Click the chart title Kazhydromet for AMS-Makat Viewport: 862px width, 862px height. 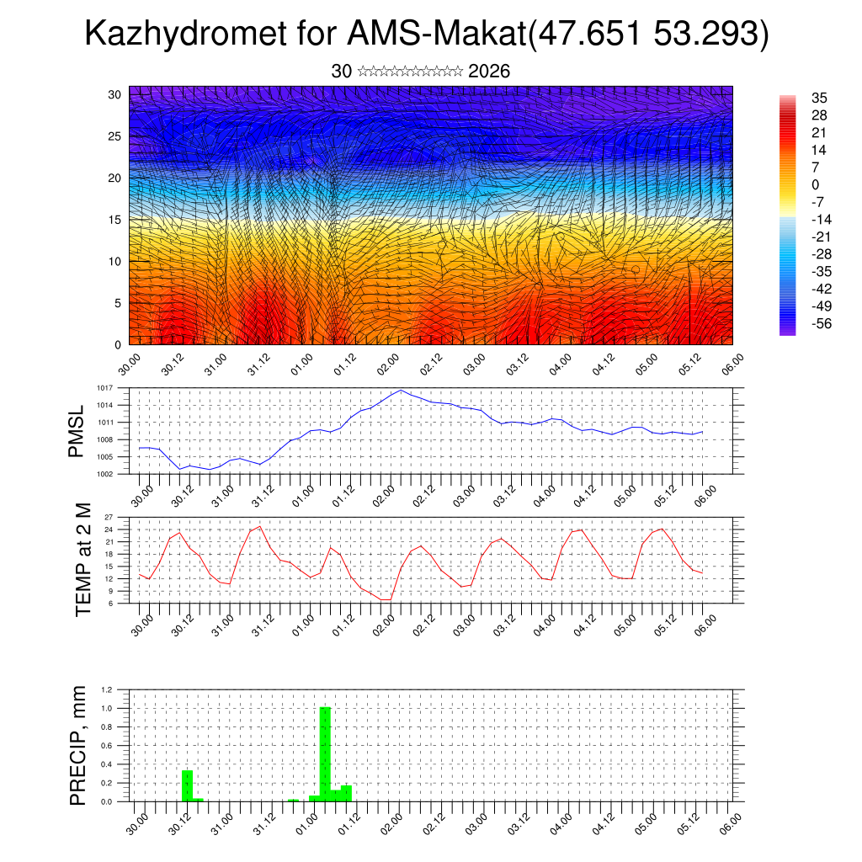click(427, 35)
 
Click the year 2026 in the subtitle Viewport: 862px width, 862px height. click(488, 72)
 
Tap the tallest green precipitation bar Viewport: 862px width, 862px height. click(325, 753)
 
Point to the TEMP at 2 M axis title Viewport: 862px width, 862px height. click(82, 559)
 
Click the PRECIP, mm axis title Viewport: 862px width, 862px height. click(78, 745)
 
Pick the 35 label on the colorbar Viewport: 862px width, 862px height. click(818, 98)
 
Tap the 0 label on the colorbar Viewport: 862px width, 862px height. click(815, 184)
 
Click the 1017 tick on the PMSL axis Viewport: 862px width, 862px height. click(104, 388)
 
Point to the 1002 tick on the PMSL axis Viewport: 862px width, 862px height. click(104, 474)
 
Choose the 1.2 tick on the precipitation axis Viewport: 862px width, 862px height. click(107, 689)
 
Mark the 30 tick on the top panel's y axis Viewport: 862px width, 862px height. click(114, 94)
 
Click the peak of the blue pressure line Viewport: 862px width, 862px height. click(402, 390)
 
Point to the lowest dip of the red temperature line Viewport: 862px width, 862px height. click(385, 599)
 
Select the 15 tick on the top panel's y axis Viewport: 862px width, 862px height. click(114, 220)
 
